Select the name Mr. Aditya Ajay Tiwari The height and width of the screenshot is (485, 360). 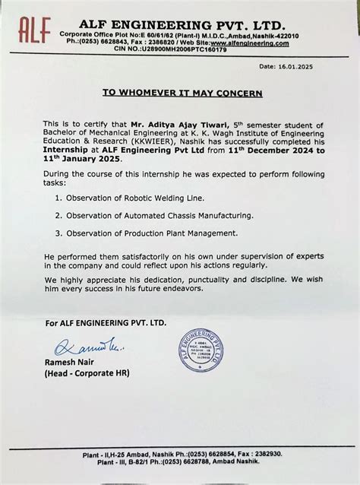[155, 124]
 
